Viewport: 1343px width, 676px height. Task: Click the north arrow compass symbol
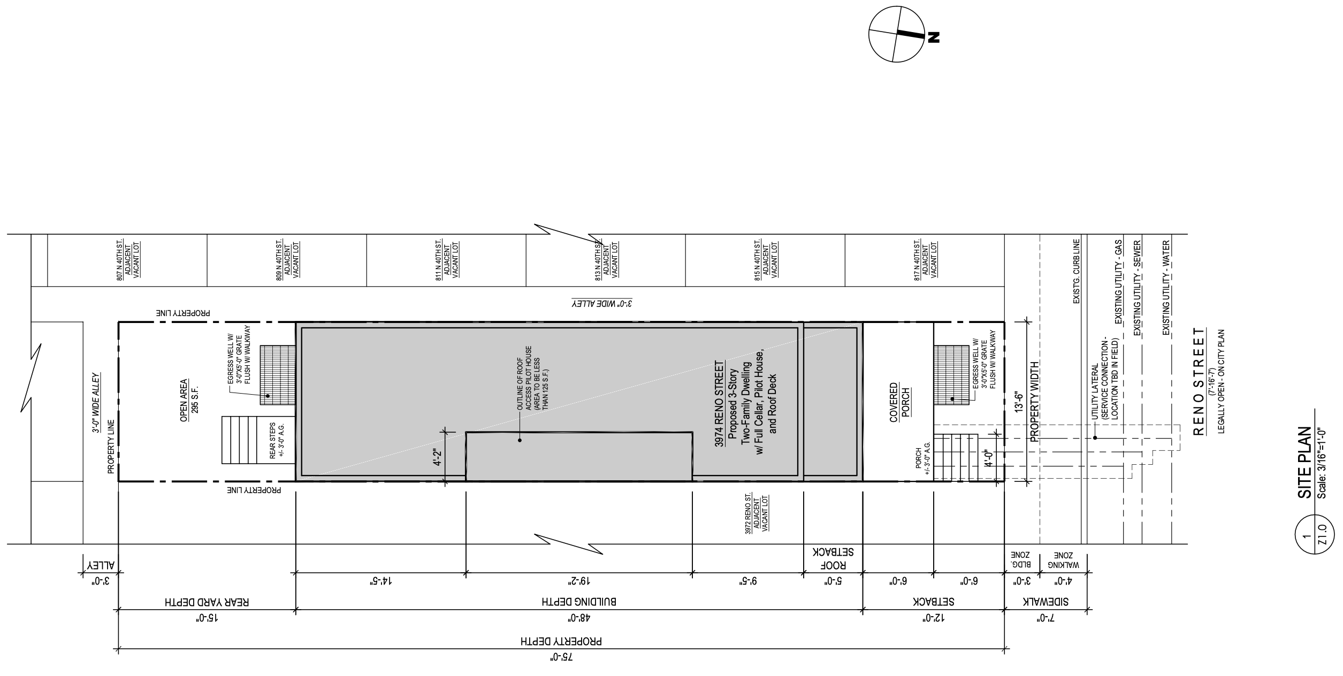pyautogui.click(x=896, y=34)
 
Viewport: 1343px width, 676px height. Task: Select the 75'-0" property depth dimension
pyautogui.click(x=561, y=657)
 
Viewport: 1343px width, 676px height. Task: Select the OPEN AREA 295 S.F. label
pyautogui.click(x=188, y=401)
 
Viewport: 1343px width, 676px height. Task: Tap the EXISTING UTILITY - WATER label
pyautogui.click(x=1166, y=288)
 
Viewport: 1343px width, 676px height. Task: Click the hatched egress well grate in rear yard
pyautogui.click(x=278, y=374)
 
